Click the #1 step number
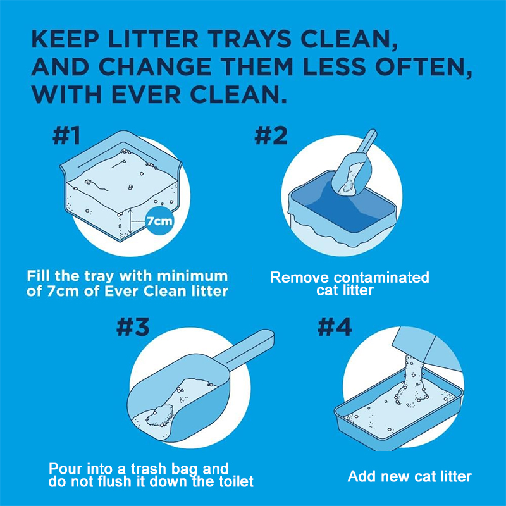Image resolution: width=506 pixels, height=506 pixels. pos(66,136)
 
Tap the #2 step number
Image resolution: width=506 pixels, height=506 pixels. pos(271,136)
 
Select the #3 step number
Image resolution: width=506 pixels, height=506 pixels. pos(133,327)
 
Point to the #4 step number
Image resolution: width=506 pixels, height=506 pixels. pos(335,327)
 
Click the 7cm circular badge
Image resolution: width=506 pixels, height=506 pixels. pos(159,221)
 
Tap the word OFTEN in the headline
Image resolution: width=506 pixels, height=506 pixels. pos(423,67)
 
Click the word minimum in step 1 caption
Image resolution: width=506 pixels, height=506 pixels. pos(192,276)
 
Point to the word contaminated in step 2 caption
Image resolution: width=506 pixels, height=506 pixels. pos(381,278)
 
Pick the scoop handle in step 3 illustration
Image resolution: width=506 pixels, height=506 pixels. pos(245,350)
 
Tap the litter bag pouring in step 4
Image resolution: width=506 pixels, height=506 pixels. pos(426,349)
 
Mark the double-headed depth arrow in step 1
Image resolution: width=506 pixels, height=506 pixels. pos(130,221)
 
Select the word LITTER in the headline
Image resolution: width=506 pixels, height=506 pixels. pos(153,39)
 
